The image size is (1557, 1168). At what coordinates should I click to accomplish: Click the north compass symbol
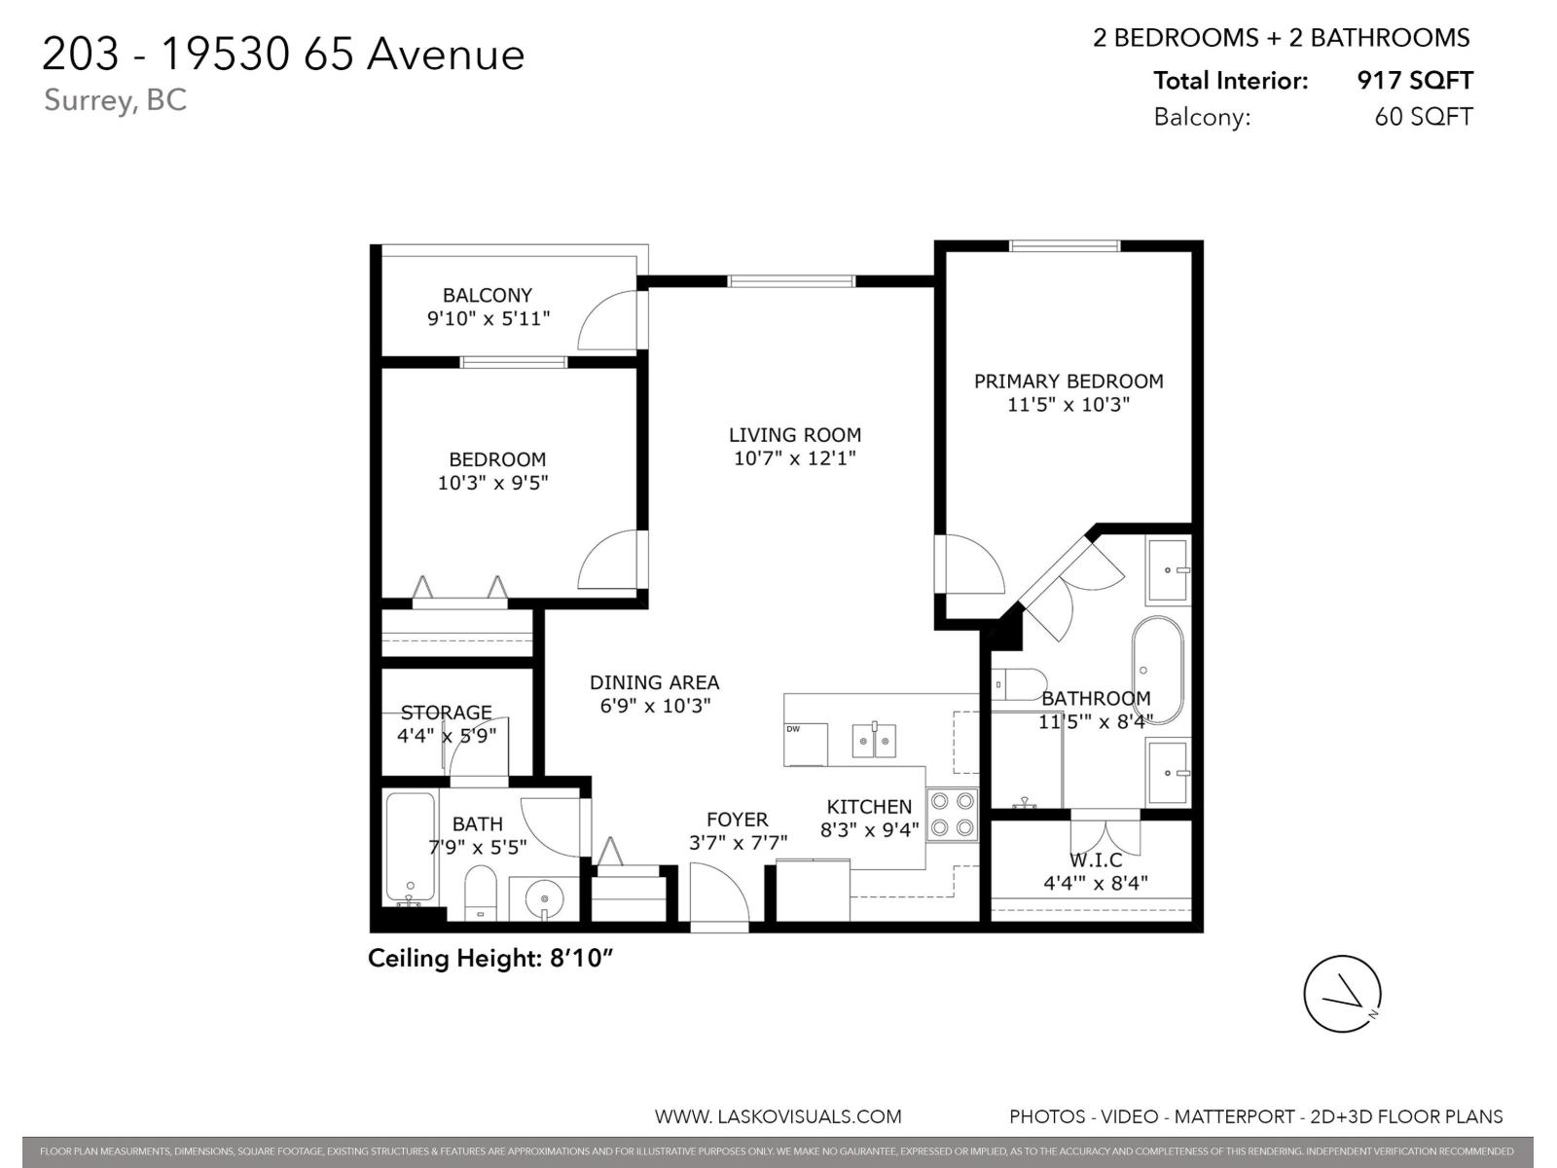1342,994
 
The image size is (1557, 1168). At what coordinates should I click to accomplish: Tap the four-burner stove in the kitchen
952,815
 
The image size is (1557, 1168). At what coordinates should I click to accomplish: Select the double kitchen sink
874,741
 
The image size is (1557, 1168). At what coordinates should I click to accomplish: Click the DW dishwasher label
793,729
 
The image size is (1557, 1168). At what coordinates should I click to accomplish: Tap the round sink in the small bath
544,897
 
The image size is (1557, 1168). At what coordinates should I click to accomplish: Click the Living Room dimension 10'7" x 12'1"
794,457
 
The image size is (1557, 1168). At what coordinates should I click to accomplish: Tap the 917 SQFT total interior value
1414,81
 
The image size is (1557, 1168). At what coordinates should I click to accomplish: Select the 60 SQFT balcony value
1423,117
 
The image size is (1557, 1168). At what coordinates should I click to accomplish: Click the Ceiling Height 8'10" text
490,959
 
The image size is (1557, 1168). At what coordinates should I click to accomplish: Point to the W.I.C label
1096,860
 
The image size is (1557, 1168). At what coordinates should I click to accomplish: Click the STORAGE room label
446,712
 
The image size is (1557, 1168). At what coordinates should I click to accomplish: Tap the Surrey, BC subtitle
115,100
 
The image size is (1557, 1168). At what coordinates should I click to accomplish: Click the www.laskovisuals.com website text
778,1116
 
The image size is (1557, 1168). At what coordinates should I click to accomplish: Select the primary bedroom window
1065,245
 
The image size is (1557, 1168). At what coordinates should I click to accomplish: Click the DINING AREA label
654,682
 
